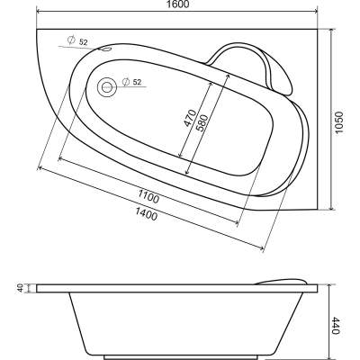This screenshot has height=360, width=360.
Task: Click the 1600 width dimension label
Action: pos(177,4)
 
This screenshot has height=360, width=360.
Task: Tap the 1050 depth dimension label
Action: pos(338,123)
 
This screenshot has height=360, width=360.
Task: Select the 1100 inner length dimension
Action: pos(148,195)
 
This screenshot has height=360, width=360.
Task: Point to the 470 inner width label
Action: pos(190,118)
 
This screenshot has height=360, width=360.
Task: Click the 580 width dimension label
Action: pos(201,123)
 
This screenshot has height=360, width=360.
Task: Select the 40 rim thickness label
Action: pos(21,289)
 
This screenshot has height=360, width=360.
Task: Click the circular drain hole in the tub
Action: pos(106,87)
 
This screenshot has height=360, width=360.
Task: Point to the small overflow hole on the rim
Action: pos(105,49)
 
